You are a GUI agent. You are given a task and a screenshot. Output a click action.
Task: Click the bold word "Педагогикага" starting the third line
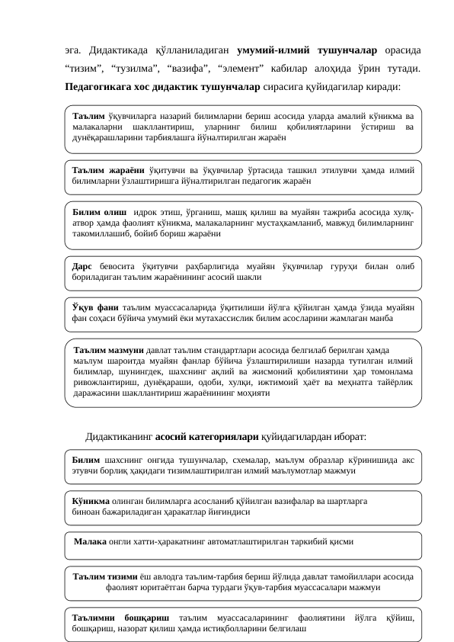click(99, 87)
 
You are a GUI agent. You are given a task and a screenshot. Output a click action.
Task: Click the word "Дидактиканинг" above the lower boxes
click(119, 436)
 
